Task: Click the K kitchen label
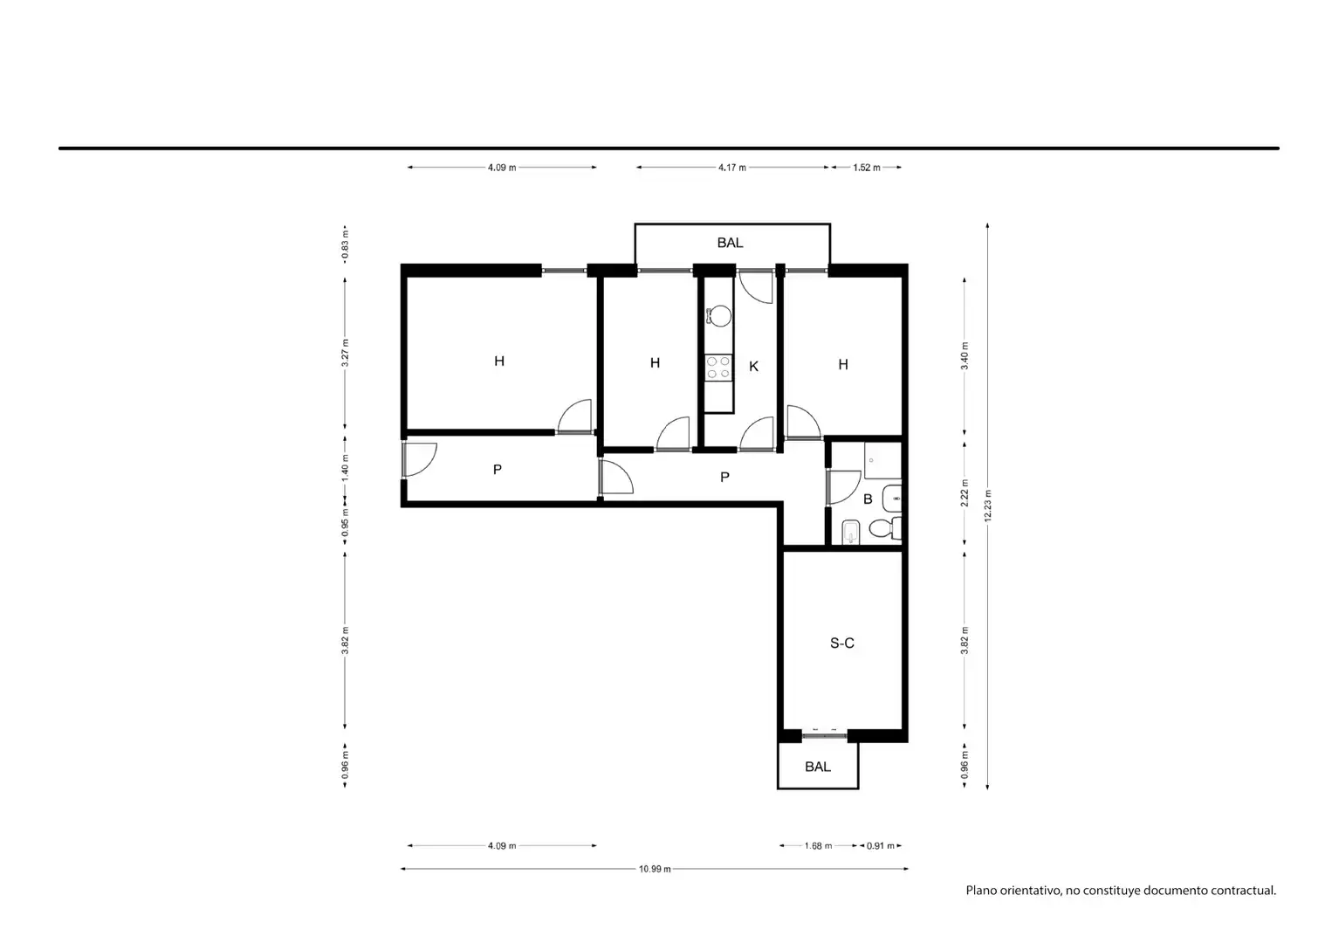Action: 753,367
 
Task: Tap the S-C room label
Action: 842,643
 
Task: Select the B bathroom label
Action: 868,499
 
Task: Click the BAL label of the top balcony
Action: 730,243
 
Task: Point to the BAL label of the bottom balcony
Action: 818,767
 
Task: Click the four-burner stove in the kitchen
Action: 718,367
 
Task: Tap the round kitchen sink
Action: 719,316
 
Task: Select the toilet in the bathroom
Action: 885,528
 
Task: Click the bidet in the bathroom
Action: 852,532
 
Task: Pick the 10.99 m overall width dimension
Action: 655,869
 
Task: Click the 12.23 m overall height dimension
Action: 988,506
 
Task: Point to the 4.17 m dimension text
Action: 732,168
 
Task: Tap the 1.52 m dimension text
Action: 867,168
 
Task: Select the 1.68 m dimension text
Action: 818,845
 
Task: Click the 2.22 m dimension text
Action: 965,493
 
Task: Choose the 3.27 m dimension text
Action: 345,353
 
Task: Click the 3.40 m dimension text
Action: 965,355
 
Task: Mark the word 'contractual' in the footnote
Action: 1244,891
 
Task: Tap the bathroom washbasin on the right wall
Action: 892,499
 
